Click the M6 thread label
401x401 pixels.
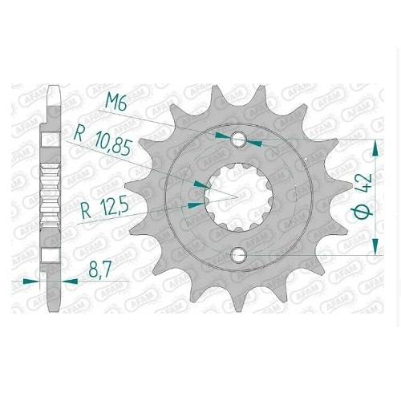pyautogui.click(x=116, y=103)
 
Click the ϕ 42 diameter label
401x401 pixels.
pyautogui.click(x=366, y=197)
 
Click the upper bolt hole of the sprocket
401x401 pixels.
pyautogui.click(x=239, y=140)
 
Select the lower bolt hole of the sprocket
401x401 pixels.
pyautogui.click(x=238, y=254)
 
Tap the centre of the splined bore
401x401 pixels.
pyautogui.click(x=238, y=197)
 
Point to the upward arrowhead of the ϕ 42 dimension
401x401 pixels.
pyautogui.click(x=375, y=148)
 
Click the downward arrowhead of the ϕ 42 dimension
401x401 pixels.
pyautogui.click(x=375, y=246)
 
